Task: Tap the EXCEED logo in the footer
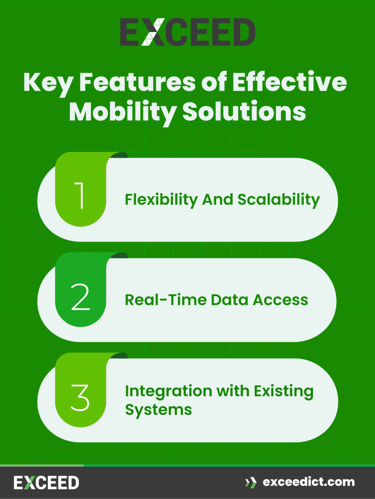46,483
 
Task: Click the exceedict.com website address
309,482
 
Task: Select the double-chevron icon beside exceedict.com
251,483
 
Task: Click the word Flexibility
162,200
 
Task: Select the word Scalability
279,200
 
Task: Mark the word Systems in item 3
158,409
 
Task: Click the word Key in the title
48,82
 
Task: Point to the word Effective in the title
289,82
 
